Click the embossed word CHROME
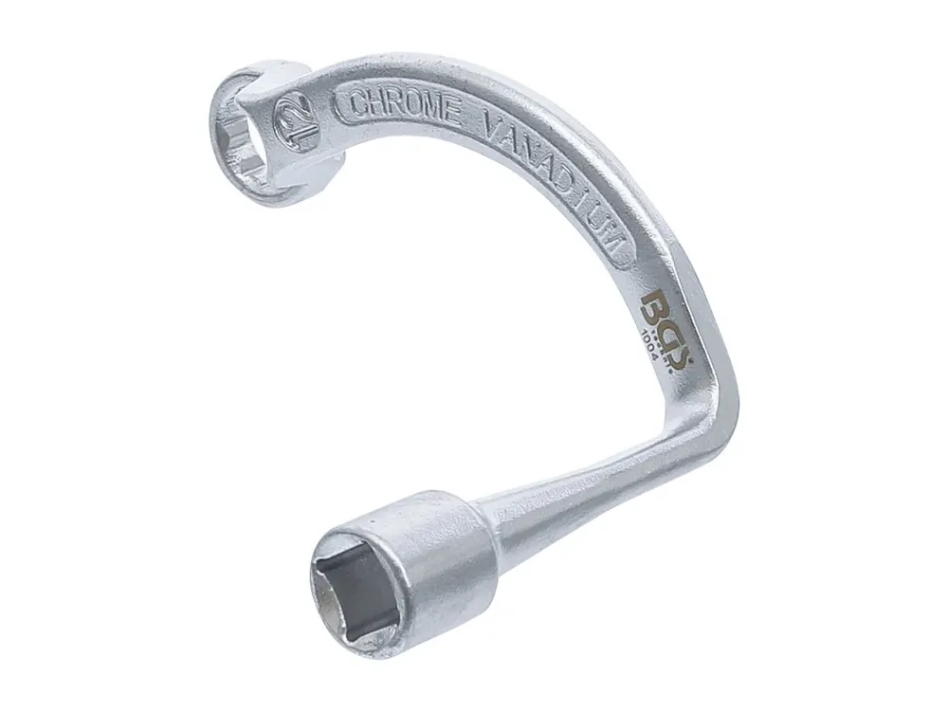pos(406,109)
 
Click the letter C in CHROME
pos(358,105)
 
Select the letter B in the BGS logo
pos(654,306)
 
